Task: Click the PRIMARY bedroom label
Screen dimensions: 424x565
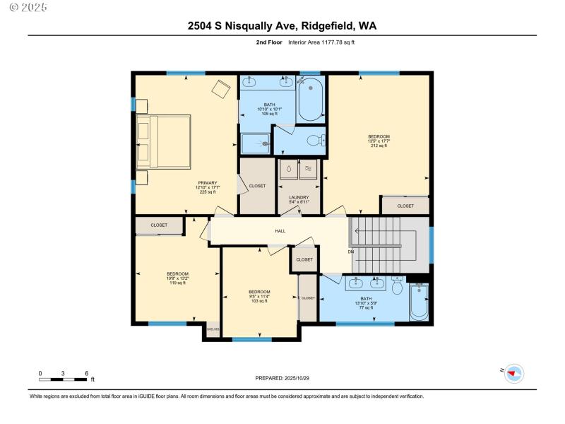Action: click(x=207, y=187)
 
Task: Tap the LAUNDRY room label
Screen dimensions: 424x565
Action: click(x=299, y=200)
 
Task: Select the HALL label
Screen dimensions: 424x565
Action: click(x=280, y=231)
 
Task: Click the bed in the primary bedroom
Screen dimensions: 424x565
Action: click(x=164, y=141)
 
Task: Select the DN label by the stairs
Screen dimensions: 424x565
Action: click(x=350, y=252)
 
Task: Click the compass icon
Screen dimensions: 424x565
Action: click(x=513, y=373)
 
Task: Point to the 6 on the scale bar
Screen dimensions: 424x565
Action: click(x=85, y=372)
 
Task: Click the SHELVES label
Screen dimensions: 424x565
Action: click(x=213, y=329)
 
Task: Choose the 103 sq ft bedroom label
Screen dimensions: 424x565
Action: click(x=259, y=295)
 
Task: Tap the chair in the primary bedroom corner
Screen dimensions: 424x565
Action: click(x=222, y=89)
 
